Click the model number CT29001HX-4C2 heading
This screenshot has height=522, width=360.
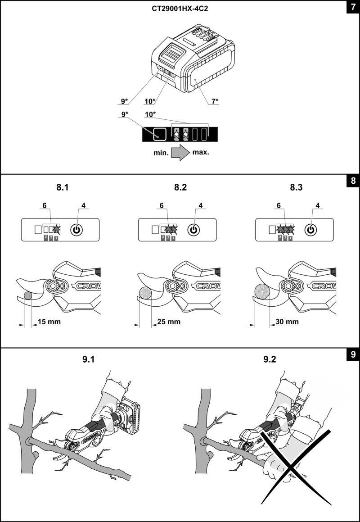click(180, 9)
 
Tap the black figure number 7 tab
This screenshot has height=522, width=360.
click(352, 8)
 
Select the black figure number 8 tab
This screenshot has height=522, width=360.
click(352, 182)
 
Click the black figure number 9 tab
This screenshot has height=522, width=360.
click(352, 355)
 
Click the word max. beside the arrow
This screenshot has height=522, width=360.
click(201, 152)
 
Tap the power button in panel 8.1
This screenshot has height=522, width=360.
click(76, 229)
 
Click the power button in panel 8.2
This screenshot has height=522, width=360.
click(193, 229)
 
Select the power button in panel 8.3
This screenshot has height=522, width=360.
click(310, 229)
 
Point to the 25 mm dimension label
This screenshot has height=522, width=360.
click(169, 322)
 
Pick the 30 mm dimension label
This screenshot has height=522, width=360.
click(287, 322)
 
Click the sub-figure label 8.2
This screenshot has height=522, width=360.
click(180, 187)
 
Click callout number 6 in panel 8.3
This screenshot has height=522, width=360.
click(279, 206)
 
